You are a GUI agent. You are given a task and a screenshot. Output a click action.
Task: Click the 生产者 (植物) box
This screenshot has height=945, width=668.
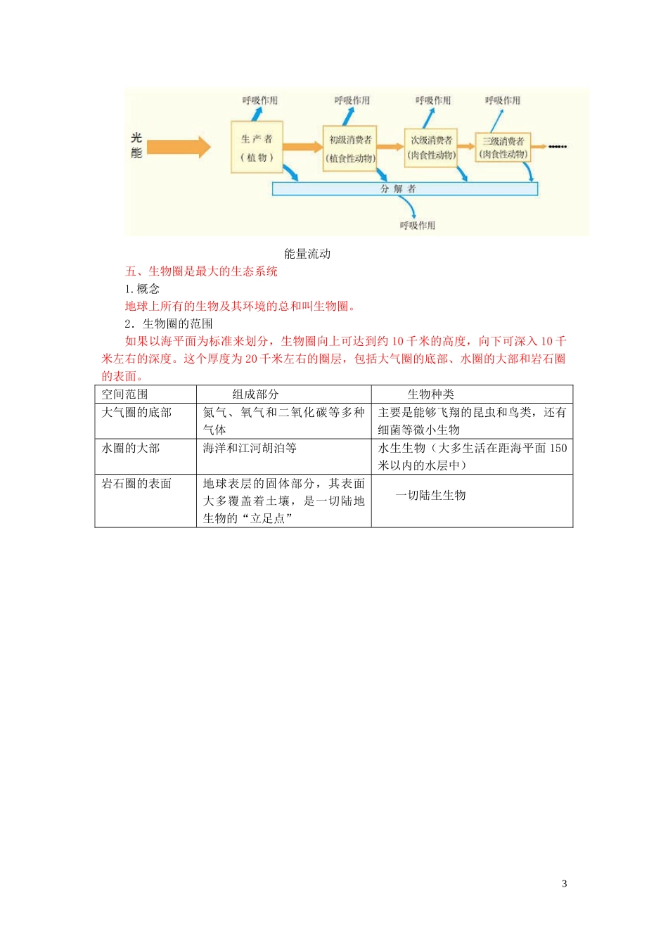point(257,147)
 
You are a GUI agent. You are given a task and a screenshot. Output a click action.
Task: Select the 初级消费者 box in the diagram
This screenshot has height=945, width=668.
point(350,148)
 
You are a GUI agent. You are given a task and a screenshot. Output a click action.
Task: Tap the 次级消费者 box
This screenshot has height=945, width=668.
point(431,147)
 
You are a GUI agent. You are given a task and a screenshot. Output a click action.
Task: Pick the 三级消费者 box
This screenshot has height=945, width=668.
point(503,147)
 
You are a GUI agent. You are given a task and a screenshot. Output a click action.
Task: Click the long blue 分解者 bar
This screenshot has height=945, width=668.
point(404,188)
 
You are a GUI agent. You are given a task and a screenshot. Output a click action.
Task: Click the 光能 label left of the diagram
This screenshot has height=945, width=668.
point(136,146)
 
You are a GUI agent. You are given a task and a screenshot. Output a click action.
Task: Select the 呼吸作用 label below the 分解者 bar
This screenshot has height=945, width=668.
point(418,225)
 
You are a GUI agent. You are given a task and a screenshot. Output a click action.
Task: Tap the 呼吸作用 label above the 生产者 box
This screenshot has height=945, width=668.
point(260,101)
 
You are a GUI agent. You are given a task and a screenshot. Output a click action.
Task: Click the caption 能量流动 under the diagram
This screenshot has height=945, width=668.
point(307,254)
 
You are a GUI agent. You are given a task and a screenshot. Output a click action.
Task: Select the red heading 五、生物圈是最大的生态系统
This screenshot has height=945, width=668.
point(201,271)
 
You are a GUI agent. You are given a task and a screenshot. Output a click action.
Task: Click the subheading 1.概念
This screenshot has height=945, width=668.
point(142,289)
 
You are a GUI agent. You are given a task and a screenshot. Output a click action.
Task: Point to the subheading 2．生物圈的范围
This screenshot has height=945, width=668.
point(169,323)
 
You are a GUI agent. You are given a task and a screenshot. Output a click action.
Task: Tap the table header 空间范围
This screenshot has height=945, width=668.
point(124,394)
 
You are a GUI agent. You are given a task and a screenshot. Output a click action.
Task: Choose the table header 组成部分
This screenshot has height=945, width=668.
point(256,394)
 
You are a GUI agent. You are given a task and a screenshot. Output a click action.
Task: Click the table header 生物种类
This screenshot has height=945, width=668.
point(431,394)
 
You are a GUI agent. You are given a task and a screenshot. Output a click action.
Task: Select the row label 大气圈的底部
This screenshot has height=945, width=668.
point(136,413)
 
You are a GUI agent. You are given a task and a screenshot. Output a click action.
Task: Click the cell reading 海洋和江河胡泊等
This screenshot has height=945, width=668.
point(250,448)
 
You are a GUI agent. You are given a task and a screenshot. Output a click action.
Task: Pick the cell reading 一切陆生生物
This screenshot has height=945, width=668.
point(430,495)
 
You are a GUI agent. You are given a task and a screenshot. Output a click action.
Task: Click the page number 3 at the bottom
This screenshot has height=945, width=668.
point(564,884)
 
